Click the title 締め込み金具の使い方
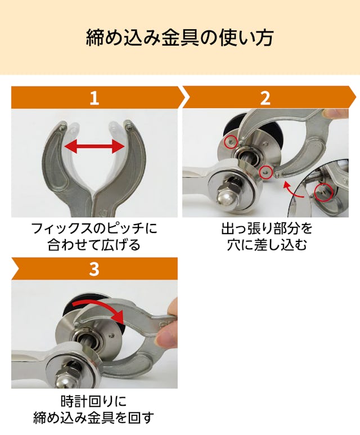click(180, 38)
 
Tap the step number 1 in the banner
click(94, 98)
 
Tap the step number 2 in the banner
click(265, 98)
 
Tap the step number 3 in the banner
click(94, 268)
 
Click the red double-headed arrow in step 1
click(94, 146)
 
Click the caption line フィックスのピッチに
click(94, 228)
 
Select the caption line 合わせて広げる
click(94, 245)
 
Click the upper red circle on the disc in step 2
click(231, 142)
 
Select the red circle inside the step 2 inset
click(323, 192)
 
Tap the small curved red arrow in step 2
click(292, 190)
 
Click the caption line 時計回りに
click(94, 401)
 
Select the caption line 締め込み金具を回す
click(94, 418)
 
